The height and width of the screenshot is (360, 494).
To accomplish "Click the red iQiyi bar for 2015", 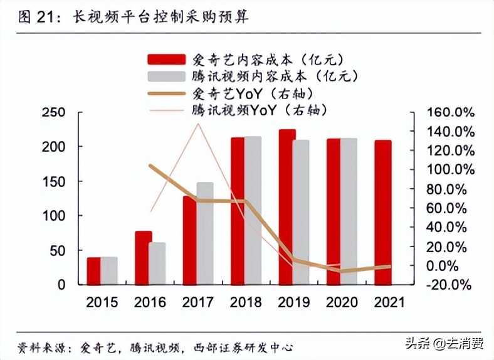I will pyautogui.click(x=94, y=270).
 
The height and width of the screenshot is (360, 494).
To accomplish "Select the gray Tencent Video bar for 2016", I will pyautogui.click(x=157, y=263).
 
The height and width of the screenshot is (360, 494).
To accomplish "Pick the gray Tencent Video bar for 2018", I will pyautogui.click(x=253, y=210).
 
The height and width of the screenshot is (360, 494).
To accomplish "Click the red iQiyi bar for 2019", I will pyautogui.click(x=287, y=207).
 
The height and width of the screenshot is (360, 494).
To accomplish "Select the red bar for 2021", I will pyautogui.click(x=382, y=212).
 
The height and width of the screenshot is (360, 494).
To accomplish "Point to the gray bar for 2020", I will pyautogui.click(x=349, y=211).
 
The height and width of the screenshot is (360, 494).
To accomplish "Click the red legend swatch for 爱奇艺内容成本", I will pyautogui.click(x=166, y=59).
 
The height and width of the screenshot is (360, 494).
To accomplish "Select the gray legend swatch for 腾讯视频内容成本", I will pyautogui.click(x=166, y=77).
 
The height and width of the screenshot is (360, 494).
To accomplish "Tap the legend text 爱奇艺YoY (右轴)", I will pyautogui.click(x=251, y=93).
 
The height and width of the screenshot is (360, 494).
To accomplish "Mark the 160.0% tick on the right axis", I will pyautogui.click(x=449, y=112).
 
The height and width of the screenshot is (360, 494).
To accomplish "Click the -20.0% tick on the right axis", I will pyautogui.click(x=449, y=285).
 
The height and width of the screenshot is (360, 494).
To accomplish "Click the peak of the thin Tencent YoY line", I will pyautogui.click(x=199, y=124).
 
